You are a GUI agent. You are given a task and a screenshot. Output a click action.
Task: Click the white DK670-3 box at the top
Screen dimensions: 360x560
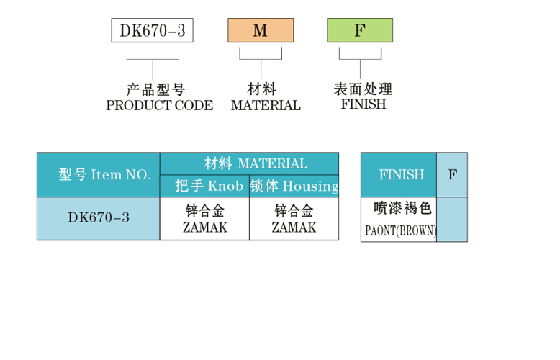point(152,31)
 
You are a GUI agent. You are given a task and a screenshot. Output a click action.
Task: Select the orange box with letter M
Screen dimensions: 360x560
point(261,31)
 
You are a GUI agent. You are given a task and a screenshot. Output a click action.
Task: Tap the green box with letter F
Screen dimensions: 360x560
point(360,31)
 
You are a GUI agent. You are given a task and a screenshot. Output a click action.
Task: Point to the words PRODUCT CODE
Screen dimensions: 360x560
point(159,106)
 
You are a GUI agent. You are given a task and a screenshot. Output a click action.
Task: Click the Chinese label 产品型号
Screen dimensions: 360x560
point(155,90)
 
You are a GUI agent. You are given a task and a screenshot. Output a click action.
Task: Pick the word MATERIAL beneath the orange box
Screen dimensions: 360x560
point(266,106)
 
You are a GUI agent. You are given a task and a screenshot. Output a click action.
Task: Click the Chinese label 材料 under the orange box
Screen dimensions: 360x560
point(262,90)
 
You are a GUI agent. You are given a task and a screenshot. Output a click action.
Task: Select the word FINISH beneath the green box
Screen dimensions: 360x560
point(363,104)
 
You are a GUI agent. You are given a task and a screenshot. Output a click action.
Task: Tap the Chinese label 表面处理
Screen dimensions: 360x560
point(363,89)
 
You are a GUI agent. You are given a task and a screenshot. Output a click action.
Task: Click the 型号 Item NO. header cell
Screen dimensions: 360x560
point(98,175)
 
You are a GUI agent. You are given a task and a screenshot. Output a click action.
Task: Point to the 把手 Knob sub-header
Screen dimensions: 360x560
point(204,186)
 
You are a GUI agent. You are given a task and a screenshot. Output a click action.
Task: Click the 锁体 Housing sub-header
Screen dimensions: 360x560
point(294,186)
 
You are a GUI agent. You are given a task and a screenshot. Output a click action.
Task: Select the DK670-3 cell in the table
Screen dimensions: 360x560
point(98,217)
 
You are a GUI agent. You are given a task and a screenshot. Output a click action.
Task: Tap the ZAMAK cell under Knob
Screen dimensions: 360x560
point(204,219)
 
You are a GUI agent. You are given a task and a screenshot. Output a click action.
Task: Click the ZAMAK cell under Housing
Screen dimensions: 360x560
point(294,219)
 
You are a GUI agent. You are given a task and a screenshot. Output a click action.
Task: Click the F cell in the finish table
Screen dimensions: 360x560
point(452,175)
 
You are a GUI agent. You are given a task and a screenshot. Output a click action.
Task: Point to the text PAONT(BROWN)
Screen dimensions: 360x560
point(400,232)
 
